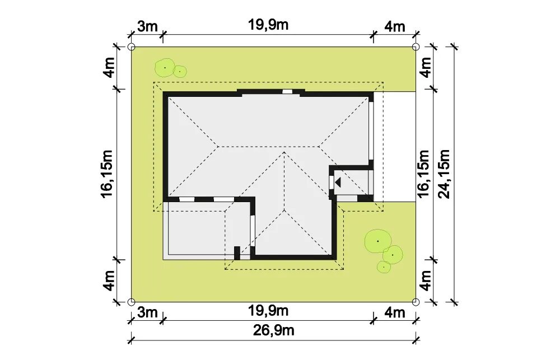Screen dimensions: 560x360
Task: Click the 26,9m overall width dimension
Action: click(274, 330)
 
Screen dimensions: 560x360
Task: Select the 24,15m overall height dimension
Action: click(444, 174)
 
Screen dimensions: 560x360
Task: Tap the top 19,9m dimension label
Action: click(268, 25)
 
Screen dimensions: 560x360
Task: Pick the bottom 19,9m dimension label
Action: click(268, 311)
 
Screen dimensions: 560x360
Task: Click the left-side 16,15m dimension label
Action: click(107, 174)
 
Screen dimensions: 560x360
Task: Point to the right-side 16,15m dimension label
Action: click(423, 174)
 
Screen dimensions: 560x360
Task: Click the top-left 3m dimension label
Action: click(147, 26)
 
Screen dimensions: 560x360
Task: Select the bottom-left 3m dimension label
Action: click(147, 312)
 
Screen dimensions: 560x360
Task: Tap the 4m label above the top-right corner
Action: click(395, 26)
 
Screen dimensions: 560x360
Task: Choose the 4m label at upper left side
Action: click(109, 67)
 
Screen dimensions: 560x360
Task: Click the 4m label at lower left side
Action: click(109, 280)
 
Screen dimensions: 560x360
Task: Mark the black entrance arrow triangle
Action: click(338, 183)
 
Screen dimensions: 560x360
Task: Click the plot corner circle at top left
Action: click(132, 47)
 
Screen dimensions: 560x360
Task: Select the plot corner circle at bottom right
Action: click(416, 302)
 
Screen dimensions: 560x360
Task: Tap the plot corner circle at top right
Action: click(416, 47)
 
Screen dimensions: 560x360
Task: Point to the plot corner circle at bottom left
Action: click(132, 302)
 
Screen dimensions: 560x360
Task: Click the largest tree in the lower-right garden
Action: click(378, 241)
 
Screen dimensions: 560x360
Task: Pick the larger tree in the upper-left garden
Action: click(165, 68)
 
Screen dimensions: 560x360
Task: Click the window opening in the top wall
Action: click(287, 91)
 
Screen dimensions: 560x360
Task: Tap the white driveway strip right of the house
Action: click(394, 147)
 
